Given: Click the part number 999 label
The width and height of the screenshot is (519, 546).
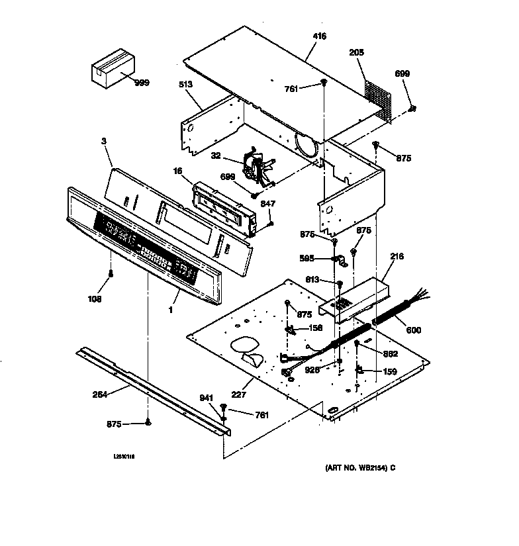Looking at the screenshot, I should click(x=141, y=83).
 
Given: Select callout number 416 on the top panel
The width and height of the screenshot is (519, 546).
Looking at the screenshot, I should click(x=319, y=36).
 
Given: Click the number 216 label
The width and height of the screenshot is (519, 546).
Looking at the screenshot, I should click(x=397, y=256).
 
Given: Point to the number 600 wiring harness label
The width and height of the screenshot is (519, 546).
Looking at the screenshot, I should click(x=412, y=330).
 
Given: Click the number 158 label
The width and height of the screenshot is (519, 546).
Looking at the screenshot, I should click(x=314, y=328).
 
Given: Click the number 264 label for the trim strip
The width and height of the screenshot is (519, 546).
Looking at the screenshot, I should click(x=101, y=396).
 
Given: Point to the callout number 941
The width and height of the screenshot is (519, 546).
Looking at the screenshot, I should click(x=207, y=398).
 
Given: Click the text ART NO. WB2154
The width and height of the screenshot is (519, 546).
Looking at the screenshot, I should click(x=355, y=468).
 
